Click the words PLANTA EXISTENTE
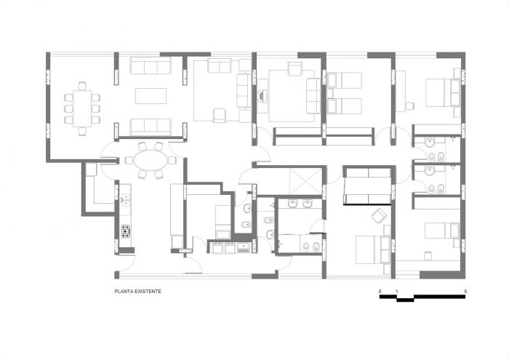137,292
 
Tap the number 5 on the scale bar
465,291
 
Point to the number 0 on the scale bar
380,291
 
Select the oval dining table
151,160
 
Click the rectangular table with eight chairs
82,108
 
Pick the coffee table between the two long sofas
151,96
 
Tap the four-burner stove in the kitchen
125,231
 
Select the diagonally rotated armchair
379,216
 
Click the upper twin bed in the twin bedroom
345,81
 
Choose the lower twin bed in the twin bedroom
345,106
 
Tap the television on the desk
261,96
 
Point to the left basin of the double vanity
293,204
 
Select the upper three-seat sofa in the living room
151,66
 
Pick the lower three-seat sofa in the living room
151,127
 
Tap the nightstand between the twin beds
330,94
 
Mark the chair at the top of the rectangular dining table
82,86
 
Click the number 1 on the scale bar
397,291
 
